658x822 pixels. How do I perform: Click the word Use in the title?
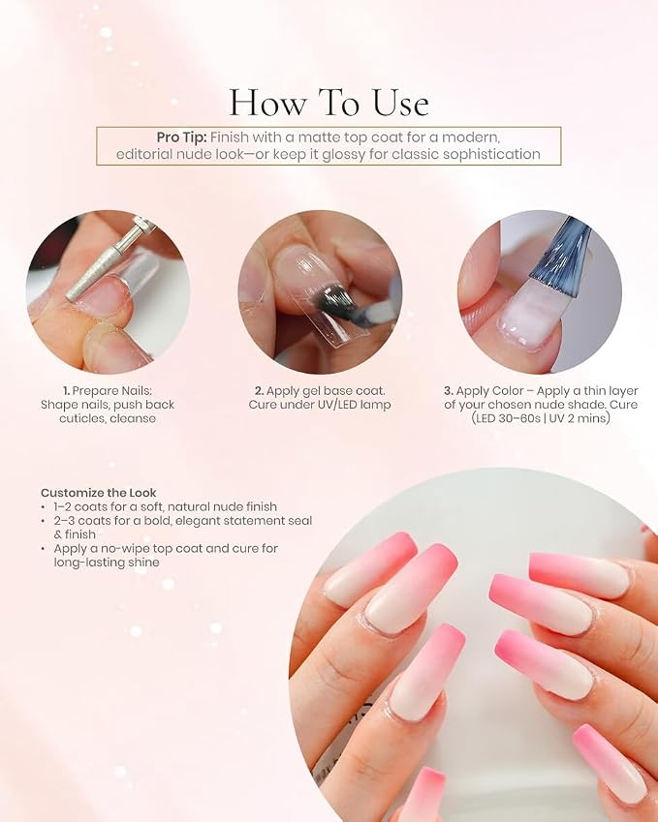click(400, 103)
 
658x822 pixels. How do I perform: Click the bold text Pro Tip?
click(181, 137)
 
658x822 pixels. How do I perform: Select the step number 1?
click(66, 391)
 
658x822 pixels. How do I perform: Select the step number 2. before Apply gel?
click(259, 391)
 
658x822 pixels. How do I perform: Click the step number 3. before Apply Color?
click(448, 391)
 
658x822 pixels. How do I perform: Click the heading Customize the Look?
click(99, 493)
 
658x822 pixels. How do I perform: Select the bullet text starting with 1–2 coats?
click(166, 507)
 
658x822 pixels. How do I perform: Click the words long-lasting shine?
click(107, 563)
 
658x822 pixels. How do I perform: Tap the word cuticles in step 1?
click(81, 419)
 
